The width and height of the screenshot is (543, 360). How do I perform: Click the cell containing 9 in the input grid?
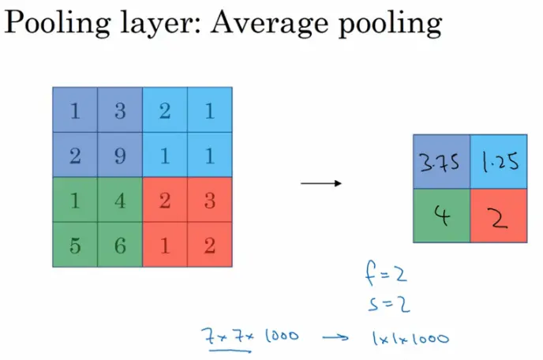[120, 155]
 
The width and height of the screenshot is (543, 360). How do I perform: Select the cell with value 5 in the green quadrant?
[75, 244]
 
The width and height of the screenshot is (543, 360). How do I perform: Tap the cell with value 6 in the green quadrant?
[120, 244]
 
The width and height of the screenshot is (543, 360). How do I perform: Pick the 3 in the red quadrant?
[209, 200]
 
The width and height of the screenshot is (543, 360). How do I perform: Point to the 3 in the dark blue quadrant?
[120, 111]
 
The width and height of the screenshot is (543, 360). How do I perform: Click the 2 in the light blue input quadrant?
[164, 111]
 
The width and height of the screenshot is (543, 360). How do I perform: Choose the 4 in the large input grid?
[120, 200]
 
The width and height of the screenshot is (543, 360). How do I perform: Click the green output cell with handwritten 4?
[442, 216]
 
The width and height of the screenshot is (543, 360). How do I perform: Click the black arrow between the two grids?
[321, 184]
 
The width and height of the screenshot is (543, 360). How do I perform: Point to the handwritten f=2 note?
[384, 276]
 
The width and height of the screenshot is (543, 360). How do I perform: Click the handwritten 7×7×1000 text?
[249, 336]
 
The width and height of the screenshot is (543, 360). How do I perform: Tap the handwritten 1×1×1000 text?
[409, 339]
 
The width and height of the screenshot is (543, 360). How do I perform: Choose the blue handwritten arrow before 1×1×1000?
[334, 337]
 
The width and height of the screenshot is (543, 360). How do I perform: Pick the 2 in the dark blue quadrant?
[75, 155]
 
